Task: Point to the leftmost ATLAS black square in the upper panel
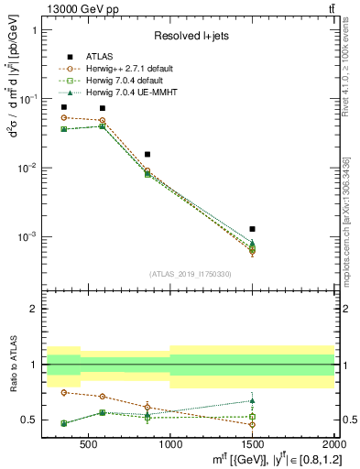tap(63, 107)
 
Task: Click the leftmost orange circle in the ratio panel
tap(63, 392)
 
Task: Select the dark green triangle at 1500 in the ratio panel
tap(252, 400)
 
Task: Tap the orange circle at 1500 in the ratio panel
tap(252, 424)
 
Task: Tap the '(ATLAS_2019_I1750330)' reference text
tap(190, 274)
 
